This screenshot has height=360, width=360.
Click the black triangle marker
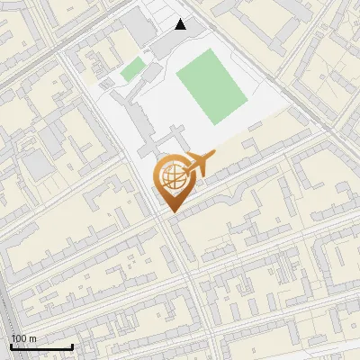(181, 24)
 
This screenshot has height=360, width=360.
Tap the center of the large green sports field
(211, 86)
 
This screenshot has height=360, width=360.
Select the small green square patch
(133, 68)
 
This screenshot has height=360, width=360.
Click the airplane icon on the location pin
(199, 165)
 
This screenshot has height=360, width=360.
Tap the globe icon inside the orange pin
(171, 176)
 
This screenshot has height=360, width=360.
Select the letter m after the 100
(34, 338)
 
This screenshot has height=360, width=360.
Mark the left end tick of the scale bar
(11, 346)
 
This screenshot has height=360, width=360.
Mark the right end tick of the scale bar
(72, 346)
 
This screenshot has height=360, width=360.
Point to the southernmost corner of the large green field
(214, 125)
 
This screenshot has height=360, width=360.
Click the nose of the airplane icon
(214, 158)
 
